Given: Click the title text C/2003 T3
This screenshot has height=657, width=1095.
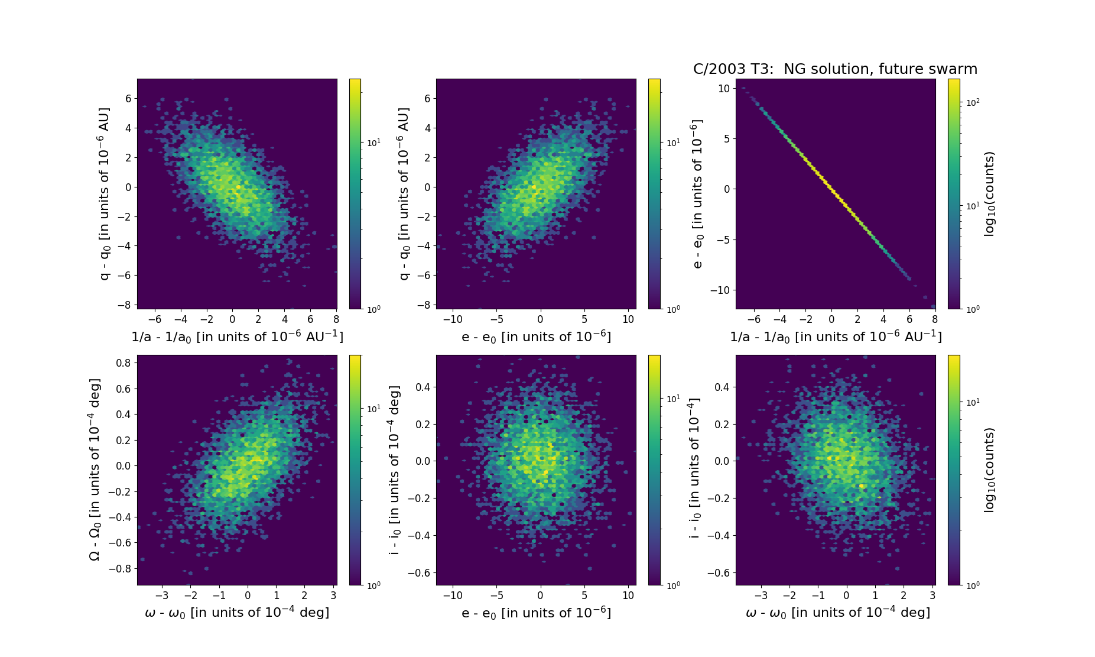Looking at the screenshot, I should (x=733, y=69).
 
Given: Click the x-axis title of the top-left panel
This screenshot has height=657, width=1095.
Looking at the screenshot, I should (x=237, y=336).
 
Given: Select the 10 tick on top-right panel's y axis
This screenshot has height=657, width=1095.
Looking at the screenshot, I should (x=724, y=89).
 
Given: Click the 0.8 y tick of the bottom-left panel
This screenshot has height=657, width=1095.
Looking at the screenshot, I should (x=123, y=363).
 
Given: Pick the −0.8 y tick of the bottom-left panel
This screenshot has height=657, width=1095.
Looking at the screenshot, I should (x=120, y=568).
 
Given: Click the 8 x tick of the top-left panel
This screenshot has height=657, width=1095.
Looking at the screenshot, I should (x=336, y=319).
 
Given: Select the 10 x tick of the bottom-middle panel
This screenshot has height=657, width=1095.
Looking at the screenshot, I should (x=628, y=595).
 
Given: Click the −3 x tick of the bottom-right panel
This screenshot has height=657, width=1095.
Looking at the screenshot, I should (x=762, y=595).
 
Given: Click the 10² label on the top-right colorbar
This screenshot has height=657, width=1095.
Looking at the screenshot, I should (x=972, y=102).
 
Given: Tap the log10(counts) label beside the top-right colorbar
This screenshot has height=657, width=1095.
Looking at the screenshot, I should (x=989, y=194).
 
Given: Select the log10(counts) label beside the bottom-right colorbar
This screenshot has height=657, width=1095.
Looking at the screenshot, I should (x=989, y=470).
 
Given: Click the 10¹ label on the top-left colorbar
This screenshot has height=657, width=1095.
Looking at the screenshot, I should (x=373, y=143).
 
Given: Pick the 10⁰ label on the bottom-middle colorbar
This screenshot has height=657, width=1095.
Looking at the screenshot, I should (x=673, y=585).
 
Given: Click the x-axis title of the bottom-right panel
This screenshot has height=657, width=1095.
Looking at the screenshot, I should (x=838, y=613).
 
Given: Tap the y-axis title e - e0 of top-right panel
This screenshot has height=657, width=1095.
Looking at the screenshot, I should (x=697, y=194).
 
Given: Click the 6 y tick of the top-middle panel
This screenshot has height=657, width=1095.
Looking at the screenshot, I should (x=427, y=99).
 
